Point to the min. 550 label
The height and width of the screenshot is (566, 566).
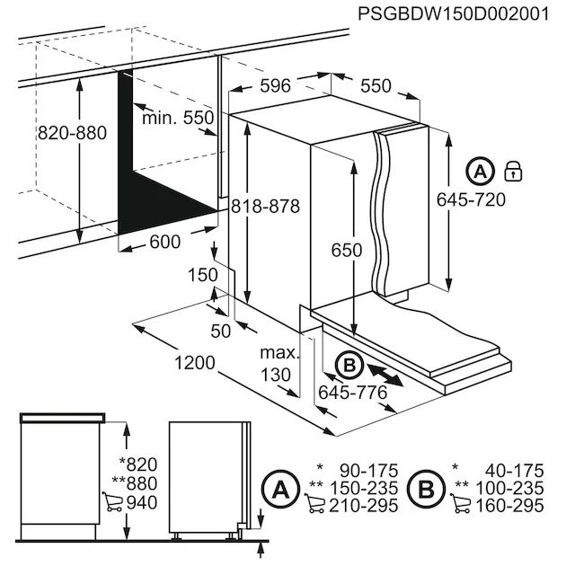click(x=177, y=118)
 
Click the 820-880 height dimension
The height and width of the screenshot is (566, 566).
click(x=72, y=133)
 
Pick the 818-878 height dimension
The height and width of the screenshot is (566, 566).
click(x=263, y=206)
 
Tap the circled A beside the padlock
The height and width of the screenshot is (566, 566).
click(x=481, y=171)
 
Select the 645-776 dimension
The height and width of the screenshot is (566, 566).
click(x=352, y=393)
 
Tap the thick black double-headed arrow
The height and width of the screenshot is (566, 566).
click(x=385, y=374)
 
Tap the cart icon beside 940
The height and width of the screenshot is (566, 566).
click(x=114, y=502)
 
